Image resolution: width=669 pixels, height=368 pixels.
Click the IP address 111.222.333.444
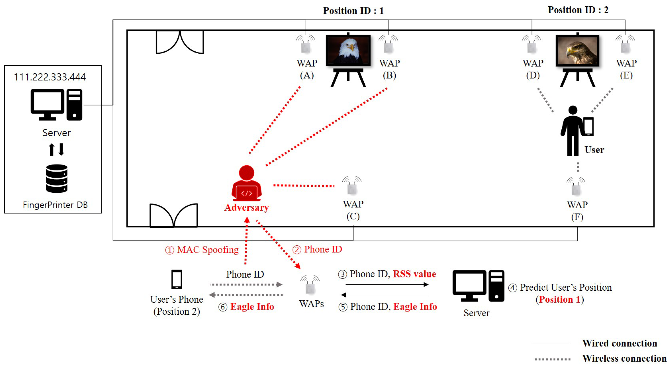[50, 77]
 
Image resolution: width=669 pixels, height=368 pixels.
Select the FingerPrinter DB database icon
[57, 179]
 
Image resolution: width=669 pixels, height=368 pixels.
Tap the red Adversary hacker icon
[246, 183]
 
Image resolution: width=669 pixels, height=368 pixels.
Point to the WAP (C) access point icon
[352, 186]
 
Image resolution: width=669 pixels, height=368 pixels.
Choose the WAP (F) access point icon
[576, 186]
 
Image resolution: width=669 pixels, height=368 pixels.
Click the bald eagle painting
[348, 50]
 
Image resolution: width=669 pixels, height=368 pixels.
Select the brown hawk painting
[577, 50]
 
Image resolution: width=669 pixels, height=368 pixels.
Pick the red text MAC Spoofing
[207, 250]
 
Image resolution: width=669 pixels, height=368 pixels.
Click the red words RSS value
[414, 274]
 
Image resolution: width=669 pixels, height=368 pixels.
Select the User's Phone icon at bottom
[177, 279]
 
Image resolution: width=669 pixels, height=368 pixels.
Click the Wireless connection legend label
[624, 358]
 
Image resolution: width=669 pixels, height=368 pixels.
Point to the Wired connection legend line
[550, 343]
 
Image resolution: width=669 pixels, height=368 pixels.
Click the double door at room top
[180, 42]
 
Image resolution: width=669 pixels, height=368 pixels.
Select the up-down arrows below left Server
[57, 149]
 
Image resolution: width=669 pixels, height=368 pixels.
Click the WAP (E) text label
[626, 69]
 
